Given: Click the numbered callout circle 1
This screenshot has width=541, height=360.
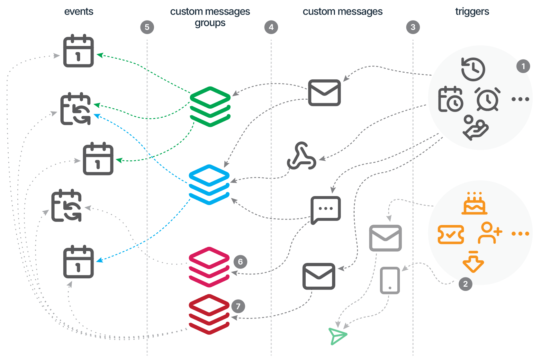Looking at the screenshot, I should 523,66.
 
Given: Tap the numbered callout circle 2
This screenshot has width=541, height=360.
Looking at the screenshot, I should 465,284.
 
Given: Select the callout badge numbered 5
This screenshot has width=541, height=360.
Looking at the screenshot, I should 147,27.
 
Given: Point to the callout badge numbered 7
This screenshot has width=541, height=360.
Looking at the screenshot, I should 238,306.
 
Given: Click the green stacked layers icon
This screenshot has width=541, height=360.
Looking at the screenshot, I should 210,106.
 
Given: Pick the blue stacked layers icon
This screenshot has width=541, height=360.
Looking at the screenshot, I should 209,184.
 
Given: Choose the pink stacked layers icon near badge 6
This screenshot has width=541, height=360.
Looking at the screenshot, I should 209,267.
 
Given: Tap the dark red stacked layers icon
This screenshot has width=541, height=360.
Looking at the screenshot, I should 209,314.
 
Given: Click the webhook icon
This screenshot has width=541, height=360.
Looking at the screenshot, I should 302,156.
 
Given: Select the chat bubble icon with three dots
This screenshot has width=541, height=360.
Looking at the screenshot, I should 326,210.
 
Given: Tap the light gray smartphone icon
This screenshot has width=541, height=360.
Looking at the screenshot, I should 390,280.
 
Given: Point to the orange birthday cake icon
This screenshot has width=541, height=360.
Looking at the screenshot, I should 474,203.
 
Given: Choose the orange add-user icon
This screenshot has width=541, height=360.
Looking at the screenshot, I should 490,233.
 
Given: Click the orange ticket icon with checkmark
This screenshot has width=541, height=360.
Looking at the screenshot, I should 451,234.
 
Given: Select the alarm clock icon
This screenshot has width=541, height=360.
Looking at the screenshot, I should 488,99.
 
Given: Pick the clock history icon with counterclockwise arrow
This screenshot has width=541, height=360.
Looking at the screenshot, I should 473,69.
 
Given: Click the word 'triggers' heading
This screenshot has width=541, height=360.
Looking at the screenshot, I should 472,12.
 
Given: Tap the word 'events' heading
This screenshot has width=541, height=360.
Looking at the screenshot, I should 79,12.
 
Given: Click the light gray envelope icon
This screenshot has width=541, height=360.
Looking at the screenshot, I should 385,238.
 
